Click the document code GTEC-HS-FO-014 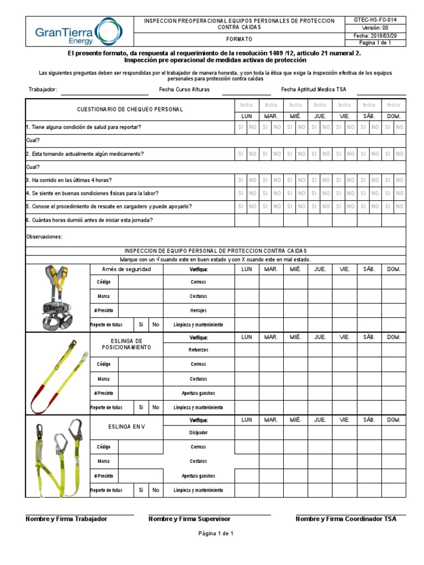point(378,20)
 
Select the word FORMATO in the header point(239,40)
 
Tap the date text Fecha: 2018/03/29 point(378,35)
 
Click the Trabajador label point(42,89)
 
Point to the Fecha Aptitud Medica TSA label point(314,89)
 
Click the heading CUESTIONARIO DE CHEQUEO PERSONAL point(130,110)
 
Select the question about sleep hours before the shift point(90,220)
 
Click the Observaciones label point(45,237)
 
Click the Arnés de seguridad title point(126,269)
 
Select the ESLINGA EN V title point(126,427)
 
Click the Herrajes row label point(198,310)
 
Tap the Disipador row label point(198,433)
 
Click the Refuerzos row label point(198,350)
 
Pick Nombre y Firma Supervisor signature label point(189,519)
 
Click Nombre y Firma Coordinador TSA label point(346,519)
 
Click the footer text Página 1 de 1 point(216,534)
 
